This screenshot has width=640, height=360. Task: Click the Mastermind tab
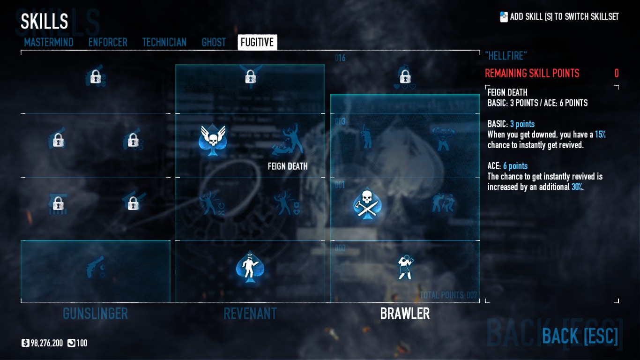(x=49, y=42)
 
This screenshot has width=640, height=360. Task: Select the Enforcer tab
(x=108, y=42)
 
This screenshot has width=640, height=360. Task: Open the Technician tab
(x=164, y=42)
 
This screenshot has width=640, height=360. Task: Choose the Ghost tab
(x=214, y=42)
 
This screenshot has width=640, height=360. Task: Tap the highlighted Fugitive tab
(x=257, y=42)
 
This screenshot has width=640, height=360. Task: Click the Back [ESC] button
(x=580, y=336)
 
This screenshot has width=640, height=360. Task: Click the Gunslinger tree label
(x=96, y=314)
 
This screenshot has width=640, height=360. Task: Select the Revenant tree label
(x=250, y=314)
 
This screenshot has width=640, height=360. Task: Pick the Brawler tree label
(x=405, y=314)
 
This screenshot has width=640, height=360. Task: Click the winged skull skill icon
(x=213, y=139)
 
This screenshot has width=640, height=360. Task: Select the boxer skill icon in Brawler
(x=405, y=267)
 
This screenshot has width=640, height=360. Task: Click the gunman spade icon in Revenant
(x=250, y=267)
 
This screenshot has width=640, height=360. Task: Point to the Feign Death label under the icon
(x=288, y=166)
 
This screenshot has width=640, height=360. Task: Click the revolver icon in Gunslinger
(x=96, y=267)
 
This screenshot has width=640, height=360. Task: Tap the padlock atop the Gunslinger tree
(x=96, y=76)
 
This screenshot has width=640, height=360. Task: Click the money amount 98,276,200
(x=46, y=343)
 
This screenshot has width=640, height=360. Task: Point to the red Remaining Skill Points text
(x=532, y=73)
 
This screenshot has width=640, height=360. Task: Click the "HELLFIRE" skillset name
(x=506, y=56)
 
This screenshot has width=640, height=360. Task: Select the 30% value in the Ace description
(x=577, y=187)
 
